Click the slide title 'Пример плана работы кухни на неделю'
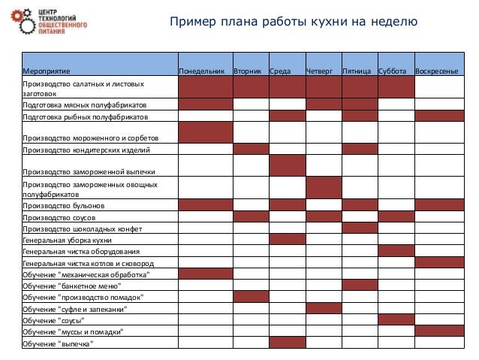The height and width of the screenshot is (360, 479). click(x=293, y=21)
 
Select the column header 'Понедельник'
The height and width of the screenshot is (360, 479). click(x=204, y=71)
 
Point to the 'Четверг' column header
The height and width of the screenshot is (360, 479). click(x=322, y=71)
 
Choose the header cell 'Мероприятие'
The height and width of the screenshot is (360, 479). click(x=45, y=71)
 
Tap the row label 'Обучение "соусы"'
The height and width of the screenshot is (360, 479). click(x=53, y=320)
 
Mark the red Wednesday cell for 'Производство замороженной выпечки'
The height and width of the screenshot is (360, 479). click(x=287, y=165)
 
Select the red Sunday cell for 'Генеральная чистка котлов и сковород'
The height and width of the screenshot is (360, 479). click(x=439, y=262)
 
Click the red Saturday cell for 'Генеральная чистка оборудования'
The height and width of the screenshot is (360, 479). click(x=396, y=251)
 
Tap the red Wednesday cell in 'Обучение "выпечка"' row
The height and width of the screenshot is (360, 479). click(x=287, y=343)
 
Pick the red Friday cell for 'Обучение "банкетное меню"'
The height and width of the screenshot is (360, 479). click(x=359, y=286)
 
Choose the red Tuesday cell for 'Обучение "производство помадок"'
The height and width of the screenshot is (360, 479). click(x=251, y=297)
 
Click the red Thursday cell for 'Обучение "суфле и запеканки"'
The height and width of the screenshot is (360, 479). click(x=323, y=308)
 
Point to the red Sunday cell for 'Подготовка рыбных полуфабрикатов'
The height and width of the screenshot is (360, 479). click(x=439, y=116)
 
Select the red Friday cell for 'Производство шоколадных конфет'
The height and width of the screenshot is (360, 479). click(x=359, y=228)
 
